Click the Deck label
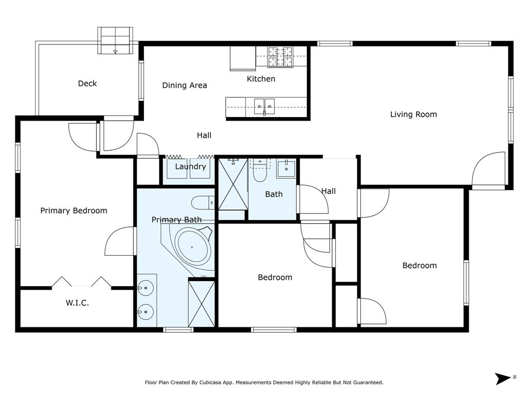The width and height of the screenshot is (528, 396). pos(87,84)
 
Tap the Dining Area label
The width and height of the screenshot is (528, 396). pos(185,86)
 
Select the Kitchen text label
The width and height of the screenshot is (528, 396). pos(261,79)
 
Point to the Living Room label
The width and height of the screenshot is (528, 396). pos(413,114)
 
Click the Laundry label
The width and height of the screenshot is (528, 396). pos(190,167)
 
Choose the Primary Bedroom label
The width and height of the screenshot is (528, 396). pos(74,210)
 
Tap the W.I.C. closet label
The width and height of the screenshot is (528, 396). pos(77,303)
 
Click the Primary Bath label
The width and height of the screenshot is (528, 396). pos(176,220)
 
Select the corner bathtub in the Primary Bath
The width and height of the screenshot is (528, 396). pos(192,246)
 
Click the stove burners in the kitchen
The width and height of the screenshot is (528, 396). pos(280,57)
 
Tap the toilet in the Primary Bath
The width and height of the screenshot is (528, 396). pos(202,203)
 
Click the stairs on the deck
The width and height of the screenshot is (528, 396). pos(115,40)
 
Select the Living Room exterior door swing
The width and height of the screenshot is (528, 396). pos(488,169)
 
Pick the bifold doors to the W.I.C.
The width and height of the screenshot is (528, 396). pos(81,282)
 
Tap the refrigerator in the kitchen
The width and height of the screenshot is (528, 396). pos(243,58)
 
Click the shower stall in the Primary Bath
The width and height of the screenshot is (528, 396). pos(201,304)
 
